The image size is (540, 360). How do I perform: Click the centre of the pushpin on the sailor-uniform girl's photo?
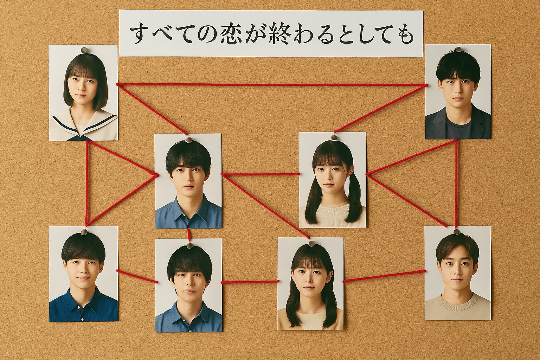click(84, 50)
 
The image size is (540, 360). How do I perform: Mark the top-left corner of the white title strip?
click(119, 10)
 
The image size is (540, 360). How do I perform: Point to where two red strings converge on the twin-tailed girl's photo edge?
click(366, 174)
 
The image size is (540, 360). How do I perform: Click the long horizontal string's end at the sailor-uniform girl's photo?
click(117, 84)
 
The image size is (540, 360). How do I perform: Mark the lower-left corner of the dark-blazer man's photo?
click(425, 139)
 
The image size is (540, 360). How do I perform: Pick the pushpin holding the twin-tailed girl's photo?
click(334, 137)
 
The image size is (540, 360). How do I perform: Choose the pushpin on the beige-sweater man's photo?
click(457, 232)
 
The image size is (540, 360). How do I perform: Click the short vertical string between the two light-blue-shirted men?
click(189, 234)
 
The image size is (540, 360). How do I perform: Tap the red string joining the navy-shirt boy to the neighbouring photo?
click(137, 276)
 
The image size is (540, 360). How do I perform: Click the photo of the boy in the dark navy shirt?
click(84, 274)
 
